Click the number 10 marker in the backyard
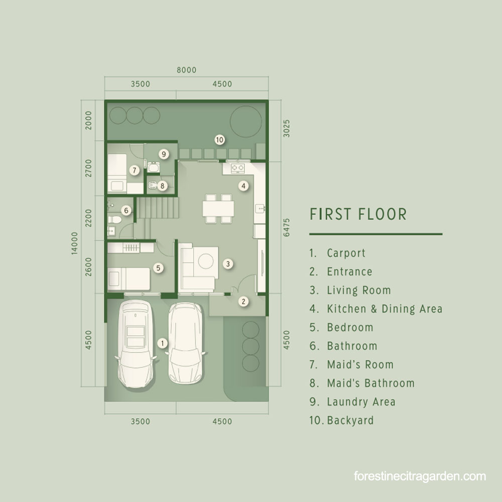click(x=219, y=140)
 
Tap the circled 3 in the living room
click(x=228, y=264)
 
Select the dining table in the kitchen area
click(x=218, y=208)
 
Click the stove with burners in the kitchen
click(x=237, y=168)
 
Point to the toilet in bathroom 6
click(x=114, y=220)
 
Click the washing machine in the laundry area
click(x=153, y=167)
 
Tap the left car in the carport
click(x=136, y=343)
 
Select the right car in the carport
click(x=186, y=342)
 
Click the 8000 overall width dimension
click(x=187, y=70)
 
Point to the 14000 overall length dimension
click(x=74, y=243)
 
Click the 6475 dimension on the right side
click(x=287, y=227)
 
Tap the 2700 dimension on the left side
click(x=88, y=168)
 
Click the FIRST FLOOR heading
click(x=358, y=214)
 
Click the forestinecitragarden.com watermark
click(x=420, y=476)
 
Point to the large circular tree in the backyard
click(x=246, y=121)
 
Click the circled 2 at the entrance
click(x=243, y=301)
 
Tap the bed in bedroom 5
click(x=129, y=279)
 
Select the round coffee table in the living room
click(x=206, y=261)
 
